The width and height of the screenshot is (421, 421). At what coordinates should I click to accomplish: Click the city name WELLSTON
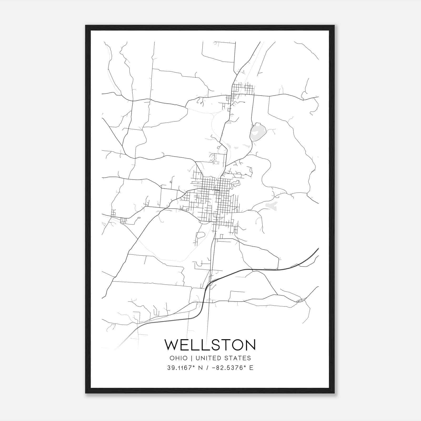210,344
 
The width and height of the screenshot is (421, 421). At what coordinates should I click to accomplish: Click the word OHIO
179,358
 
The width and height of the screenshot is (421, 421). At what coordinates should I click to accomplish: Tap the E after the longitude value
251,368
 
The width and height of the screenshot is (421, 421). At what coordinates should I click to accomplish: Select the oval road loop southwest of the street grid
201,235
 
